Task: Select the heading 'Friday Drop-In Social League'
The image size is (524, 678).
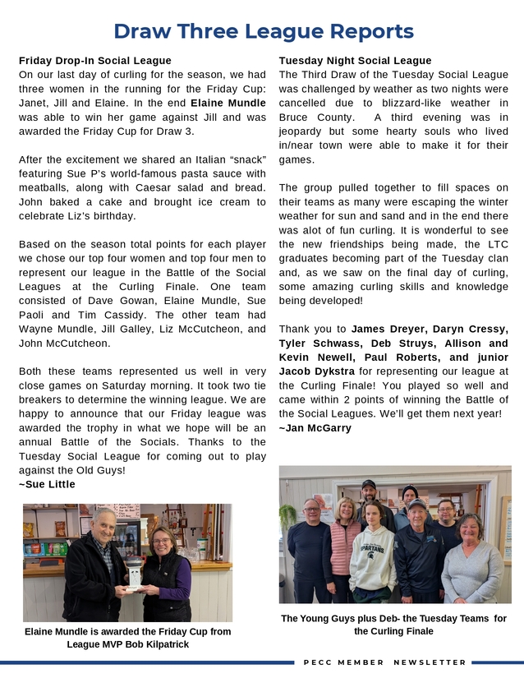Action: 95,61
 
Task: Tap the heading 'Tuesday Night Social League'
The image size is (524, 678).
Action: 355,61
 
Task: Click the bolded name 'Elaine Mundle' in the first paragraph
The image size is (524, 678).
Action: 228,104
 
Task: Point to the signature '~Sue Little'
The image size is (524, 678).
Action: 47,485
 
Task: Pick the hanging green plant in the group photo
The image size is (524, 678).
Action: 288,516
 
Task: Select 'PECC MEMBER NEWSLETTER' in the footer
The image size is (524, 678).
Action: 384,662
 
